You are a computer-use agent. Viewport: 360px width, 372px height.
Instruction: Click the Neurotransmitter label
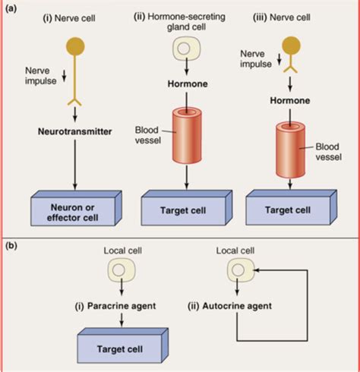point(74,131)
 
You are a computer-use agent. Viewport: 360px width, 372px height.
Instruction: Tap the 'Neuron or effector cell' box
point(76,208)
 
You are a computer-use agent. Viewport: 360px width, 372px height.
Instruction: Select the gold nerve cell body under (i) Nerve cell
point(75,46)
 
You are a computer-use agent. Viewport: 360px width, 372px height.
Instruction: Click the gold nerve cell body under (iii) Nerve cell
point(292,46)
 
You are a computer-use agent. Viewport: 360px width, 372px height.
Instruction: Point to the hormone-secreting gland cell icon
point(186,49)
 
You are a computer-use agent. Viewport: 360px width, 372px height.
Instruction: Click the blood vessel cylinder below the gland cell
point(187,136)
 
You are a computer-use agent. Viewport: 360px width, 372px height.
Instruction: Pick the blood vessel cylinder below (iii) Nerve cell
point(290,150)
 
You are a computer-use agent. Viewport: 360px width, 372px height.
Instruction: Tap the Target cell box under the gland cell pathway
point(187,208)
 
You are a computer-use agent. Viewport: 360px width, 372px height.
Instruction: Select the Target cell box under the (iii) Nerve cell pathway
point(291,207)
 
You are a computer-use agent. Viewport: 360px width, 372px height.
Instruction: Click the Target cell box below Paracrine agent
point(123,345)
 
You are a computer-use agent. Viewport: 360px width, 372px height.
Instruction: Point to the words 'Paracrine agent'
point(122,306)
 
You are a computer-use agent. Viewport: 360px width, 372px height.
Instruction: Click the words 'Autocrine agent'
point(237,306)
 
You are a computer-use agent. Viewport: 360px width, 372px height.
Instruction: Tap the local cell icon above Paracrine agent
point(122,270)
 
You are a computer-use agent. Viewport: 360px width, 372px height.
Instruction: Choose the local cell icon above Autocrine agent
point(241,270)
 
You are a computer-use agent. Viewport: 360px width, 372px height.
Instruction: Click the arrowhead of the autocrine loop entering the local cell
point(256,270)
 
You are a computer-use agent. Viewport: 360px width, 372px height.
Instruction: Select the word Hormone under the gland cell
point(188,84)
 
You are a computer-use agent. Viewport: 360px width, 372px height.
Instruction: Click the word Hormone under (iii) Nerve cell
point(290,100)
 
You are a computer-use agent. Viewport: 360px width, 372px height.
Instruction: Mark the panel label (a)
point(11,8)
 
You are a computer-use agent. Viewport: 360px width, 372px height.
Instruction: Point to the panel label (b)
point(11,246)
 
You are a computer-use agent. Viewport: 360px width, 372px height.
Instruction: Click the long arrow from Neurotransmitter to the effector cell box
point(74,165)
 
